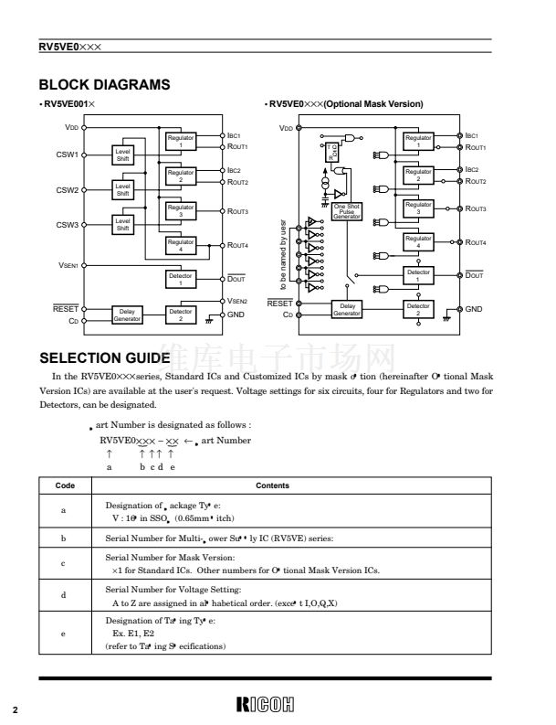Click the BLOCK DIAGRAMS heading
click(x=104, y=85)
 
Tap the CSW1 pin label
click(x=68, y=155)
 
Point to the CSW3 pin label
click(x=68, y=225)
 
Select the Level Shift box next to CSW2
click(x=122, y=190)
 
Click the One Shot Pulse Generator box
click(x=348, y=210)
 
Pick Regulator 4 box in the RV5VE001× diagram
click(x=181, y=246)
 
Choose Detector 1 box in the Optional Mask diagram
click(x=418, y=277)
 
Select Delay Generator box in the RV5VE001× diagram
click(x=127, y=315)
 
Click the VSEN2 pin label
click(x=237, y=301)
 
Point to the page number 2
click(x=15, y=709)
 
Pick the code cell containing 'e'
click(x=62, y=634)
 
